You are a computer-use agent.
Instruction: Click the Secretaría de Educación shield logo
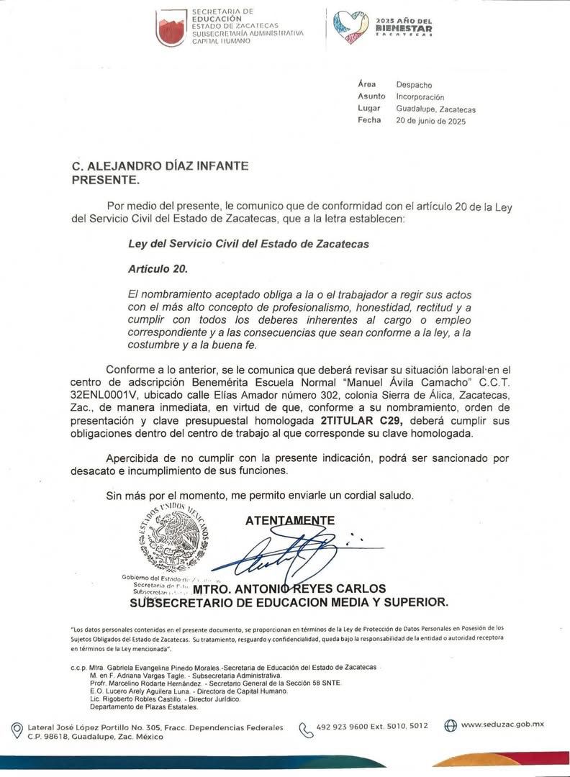pos(171,28)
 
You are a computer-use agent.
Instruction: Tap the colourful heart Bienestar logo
pos(351,27)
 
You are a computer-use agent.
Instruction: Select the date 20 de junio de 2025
pos(430,121)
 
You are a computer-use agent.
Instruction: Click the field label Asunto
pos(371,96)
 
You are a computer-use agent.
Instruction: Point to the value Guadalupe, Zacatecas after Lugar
pos(435,109)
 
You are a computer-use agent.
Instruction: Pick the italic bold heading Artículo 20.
pos(158,269)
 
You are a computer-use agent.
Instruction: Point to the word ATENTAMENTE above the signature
pos(290,520)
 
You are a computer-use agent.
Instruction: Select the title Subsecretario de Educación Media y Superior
pos(289,602)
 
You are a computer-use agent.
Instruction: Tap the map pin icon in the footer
pos(17,731)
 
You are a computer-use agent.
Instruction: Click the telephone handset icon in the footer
pos(306,730)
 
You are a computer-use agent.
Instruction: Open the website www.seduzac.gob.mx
pos(502,724)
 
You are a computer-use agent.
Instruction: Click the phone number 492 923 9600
pos(344,727)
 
